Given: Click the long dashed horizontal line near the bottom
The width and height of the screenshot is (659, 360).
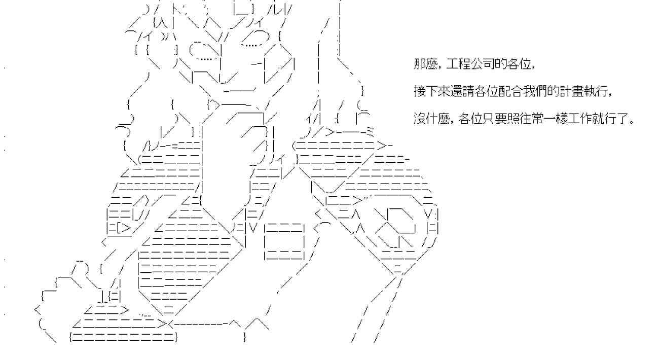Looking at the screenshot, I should [x=200, y=322].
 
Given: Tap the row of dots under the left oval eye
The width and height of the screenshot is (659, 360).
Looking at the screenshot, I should [x=205, y=58].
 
